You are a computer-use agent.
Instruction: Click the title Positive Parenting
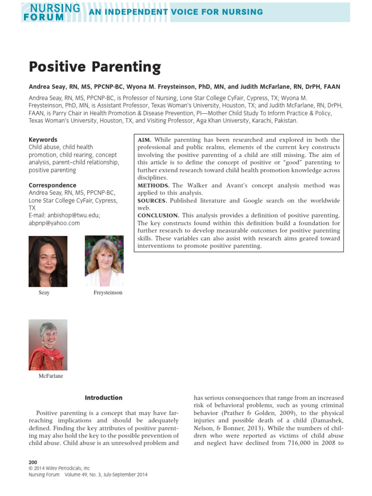point(94,66)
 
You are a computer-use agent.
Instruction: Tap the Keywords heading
point(43,139)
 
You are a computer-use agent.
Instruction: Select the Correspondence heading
point(52,185)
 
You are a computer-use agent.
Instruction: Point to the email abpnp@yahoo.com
point(54,223)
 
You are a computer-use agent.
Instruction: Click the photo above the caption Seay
point(48,261)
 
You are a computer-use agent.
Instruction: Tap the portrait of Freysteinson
point(104,261)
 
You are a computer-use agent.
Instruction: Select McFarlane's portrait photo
point(48,344)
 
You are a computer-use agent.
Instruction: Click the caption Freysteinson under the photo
point(108,293)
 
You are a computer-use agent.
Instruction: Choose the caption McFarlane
point(51,376)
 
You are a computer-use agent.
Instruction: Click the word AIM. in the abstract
point(145,139)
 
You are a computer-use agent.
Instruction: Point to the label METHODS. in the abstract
point(154,186)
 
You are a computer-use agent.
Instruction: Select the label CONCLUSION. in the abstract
point(158,216)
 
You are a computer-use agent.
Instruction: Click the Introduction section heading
point(104,398)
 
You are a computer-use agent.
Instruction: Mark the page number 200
point(33,462)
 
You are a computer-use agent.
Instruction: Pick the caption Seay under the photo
point(44,293)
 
